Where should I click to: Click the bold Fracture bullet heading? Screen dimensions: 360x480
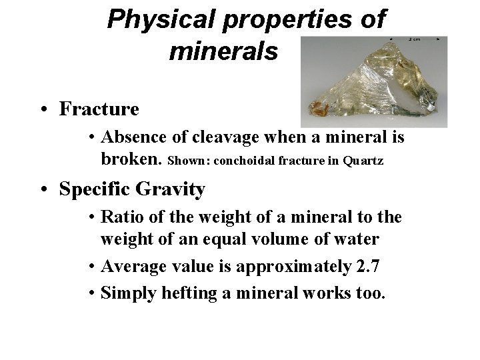pos(99,109)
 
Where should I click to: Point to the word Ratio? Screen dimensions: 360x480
pos(121,218)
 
